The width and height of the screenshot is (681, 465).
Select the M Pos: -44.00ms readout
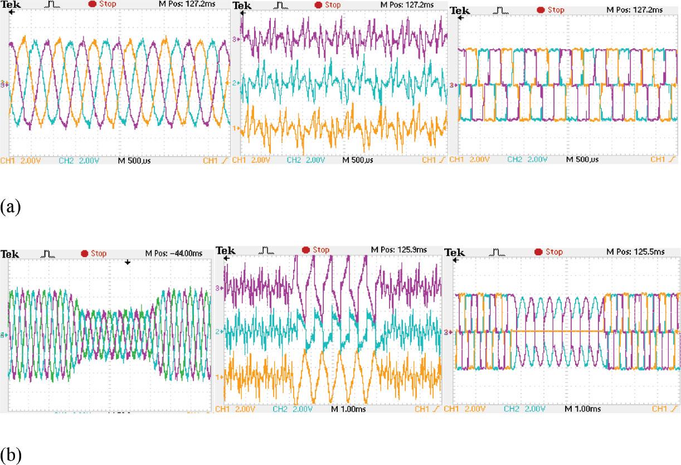click(x=173, y=254)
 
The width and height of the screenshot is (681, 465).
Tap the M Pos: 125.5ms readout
click(x=635, y=252)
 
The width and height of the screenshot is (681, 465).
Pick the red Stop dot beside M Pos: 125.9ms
click(x=306, y=249)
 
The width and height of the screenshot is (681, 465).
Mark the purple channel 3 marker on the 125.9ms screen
click(x=219, y=288)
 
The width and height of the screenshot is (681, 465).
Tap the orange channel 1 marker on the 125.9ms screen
click(x=219, y=377)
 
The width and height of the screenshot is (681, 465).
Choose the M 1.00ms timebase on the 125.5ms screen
click(x=583, y=409)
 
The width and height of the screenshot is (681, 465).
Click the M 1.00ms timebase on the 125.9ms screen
click(x=349, y=409)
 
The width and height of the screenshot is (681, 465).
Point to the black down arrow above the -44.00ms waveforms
click(x=128, y=262)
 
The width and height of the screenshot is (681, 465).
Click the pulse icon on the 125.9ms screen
click(x=268, y=249)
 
